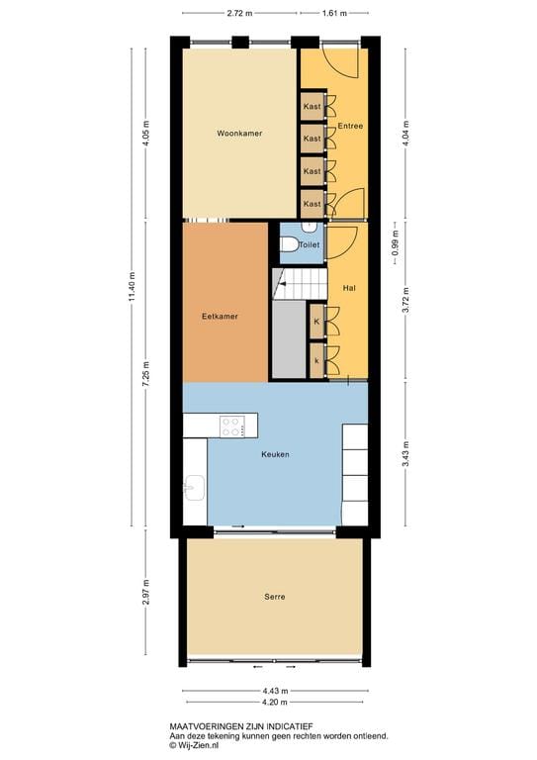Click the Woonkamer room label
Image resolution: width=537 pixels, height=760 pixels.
click(239, 133)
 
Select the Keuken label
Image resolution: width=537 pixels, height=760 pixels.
click(275, 454)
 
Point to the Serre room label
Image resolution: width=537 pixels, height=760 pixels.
click(275, 597)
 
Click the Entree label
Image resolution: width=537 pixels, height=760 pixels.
click(350, 127)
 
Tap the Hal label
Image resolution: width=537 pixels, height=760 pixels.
click(348, 288)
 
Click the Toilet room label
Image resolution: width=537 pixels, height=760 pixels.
click(310, 242)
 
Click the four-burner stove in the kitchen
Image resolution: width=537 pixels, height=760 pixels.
click(233, 427)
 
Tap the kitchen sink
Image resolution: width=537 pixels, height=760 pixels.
click(194, 487)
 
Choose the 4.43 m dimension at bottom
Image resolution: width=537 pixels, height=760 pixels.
click(275, 692)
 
